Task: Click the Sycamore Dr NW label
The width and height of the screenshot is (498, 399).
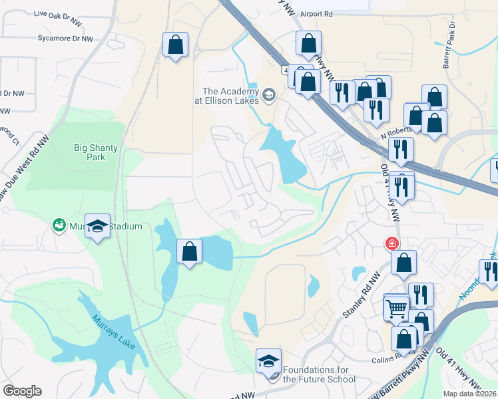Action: [65, 39]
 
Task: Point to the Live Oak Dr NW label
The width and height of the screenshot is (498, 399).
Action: [59, 13]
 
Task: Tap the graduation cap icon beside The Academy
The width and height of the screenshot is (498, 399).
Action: [269, 94]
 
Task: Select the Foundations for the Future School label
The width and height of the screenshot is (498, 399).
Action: [319, 374]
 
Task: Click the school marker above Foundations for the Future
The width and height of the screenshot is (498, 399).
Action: [268, 361]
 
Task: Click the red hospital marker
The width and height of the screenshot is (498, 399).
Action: [393, 243]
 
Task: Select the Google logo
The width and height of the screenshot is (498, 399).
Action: [22, 391]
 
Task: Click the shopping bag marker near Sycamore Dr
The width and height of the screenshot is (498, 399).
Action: [176, 45]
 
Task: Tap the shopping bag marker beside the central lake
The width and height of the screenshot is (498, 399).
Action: [189, 251]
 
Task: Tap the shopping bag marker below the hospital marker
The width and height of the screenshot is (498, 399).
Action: [403, 262]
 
